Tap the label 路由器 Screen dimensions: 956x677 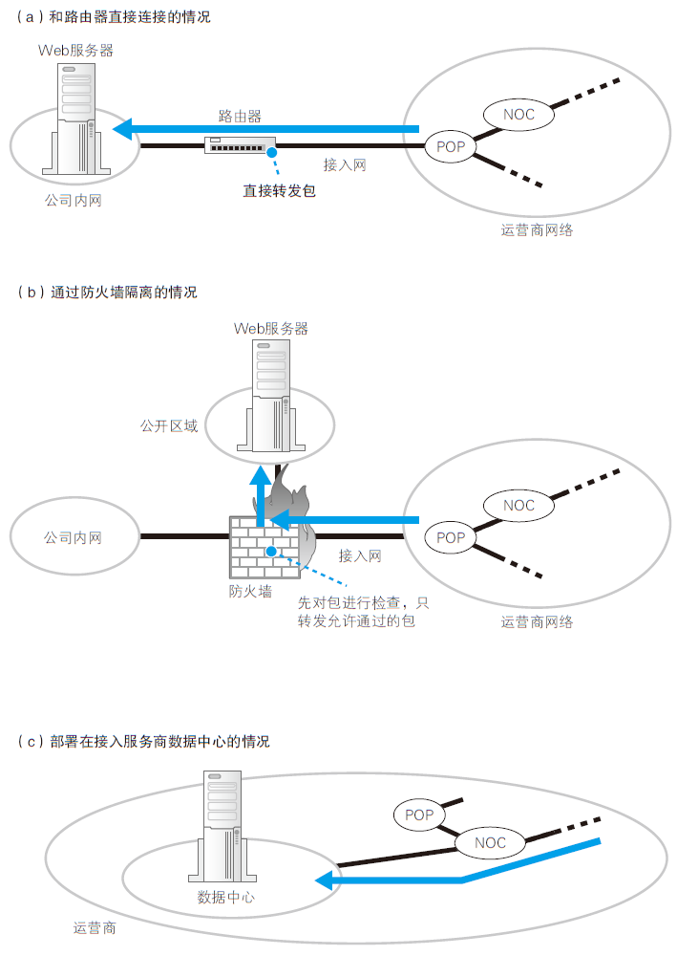(240, 116)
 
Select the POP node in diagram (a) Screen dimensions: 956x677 (450, 146)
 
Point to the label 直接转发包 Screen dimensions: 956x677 (279, 190)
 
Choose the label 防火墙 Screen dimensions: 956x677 (247, 591)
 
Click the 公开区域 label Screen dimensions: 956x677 (169, 425)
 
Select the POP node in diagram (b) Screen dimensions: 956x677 (451, 537)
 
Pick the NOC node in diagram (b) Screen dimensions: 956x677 (519, 505)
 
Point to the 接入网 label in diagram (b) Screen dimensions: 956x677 (360, 555)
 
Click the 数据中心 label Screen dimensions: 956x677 (226, 897)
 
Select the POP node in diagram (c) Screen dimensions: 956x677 (419, 815)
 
